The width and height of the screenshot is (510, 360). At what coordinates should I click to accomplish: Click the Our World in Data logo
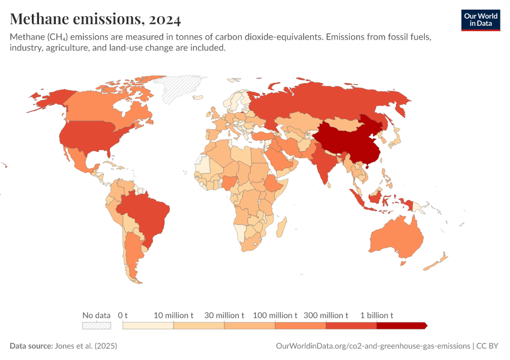tap(480, 20)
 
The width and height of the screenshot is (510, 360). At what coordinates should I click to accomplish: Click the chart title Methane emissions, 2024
tap(95, 19)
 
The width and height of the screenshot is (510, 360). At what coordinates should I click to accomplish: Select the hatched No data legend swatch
tap(97, 325)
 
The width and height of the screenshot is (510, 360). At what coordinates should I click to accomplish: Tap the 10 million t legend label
tap(173, 315)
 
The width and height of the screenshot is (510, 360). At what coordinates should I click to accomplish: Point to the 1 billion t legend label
tap(376, 315)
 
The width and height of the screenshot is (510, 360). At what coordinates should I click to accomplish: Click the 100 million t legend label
tap(275, 315)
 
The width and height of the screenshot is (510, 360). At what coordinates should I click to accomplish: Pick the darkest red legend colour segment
tap(401, 325)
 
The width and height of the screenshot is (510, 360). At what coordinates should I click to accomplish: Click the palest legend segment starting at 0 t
tap(148, 325)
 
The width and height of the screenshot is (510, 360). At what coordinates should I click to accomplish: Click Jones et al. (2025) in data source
tap(86, 346)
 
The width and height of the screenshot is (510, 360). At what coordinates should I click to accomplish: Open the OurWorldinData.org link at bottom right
tap(373, 346)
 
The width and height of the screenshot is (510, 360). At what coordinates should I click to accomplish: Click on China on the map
tap(348, 141)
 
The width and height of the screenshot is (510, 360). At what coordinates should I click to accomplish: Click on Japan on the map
tap(395, 138)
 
